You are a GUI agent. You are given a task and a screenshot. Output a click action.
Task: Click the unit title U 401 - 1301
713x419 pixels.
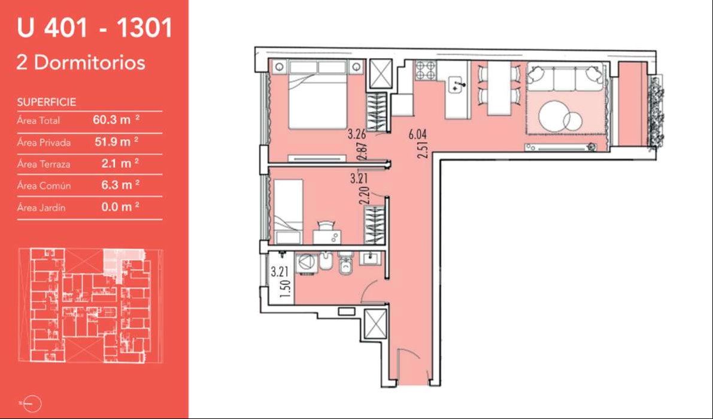point(95,28)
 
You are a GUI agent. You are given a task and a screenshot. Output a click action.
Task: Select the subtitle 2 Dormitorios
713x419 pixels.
point(81,62)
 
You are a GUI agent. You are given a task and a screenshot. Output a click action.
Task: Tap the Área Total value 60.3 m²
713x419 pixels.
point(116,120)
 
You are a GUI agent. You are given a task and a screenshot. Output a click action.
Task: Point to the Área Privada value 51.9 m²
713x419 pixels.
point(116,141)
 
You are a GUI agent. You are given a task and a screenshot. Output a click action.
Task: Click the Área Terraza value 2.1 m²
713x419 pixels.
point(120,164)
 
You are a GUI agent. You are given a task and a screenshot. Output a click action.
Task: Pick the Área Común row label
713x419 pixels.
point(44,186)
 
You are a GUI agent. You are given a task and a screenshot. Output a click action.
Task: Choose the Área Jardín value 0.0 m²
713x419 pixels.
point(120,207)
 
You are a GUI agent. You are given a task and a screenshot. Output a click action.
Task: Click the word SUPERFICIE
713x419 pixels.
point(46,102)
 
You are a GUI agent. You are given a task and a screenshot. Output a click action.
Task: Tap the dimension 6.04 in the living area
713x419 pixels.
point(417,134)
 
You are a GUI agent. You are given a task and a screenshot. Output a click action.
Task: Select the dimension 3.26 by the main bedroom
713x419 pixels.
point(357,134)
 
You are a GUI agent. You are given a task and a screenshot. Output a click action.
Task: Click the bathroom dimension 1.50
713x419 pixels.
point(285,289)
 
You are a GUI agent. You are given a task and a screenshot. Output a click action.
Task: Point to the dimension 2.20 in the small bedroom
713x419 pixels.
point(363,197)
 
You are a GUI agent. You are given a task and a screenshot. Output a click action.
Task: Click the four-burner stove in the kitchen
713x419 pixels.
point(424,71)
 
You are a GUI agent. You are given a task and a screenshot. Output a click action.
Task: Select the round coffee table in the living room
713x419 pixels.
point(554,116)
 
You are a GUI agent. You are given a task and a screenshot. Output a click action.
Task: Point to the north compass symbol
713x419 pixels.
point(32,403)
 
